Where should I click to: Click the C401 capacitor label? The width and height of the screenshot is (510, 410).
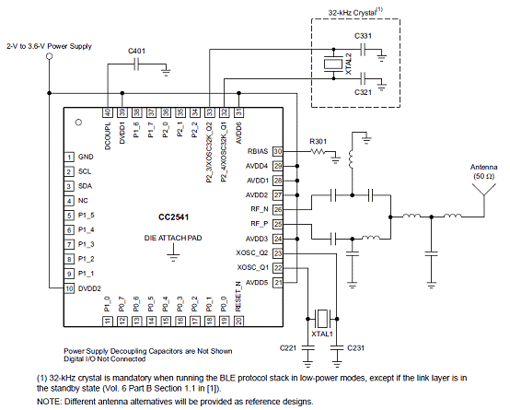click(x=136, y=51)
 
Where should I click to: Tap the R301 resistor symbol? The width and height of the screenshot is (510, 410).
click(x=319, y=151)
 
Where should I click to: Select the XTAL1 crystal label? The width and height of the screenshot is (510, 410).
click(x=322, y=334)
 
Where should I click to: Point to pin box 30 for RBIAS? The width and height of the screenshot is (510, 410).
click(x=278, y=151)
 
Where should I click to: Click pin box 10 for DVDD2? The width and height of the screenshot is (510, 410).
click(x=69, y=288)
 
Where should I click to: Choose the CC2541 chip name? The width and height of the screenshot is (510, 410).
click(x=173, y=217)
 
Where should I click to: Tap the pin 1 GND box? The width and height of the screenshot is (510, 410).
click(x=69, y=157)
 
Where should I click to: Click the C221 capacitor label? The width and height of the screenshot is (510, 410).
click(x=288, y=348)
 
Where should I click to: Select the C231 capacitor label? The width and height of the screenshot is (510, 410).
click(x=356, y=348)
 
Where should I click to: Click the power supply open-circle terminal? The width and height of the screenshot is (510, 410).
click(x=50, y=56)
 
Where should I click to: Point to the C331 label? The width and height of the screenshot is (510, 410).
click(x=363, y=36)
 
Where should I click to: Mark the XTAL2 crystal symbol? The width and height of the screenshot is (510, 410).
click(x=333, y=64)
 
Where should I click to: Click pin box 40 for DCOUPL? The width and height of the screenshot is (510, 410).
click(x=108, y=112)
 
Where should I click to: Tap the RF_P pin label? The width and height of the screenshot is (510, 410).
click(x=260, y=224)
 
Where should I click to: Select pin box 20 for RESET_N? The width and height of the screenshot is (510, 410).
click(x=238, y=322)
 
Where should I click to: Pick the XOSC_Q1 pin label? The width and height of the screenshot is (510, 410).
click(x=253, y=268)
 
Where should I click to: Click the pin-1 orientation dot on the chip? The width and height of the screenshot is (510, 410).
click(x=78, y=123)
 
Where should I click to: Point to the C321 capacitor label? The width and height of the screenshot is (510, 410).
click(x=363, y=92)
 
